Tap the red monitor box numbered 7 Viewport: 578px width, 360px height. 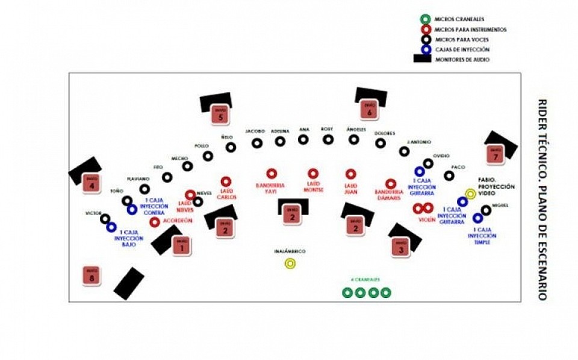click(x=496, y=154)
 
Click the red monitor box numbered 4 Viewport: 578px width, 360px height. click(x=92, y=182)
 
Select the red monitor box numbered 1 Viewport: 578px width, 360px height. click(x=181, y=245)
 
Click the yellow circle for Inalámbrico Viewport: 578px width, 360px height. click(x=290, y=263)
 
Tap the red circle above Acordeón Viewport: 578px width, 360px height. click(x=155, y=222)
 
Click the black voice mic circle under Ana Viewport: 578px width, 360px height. click(x=304, y=140)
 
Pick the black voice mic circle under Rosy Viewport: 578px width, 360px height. click(x=328, y=140)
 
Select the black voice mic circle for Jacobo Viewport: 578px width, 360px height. click(x=256, y=143)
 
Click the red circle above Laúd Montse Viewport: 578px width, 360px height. click(x=312, y=173)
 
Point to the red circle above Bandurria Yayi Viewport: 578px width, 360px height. click(x=272, y=173)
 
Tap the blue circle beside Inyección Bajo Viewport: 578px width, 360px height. click(x=111, y=227)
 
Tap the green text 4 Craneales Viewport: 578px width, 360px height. click(x=365, y=280)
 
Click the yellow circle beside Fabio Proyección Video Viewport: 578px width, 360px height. click(x=470, y=194)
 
